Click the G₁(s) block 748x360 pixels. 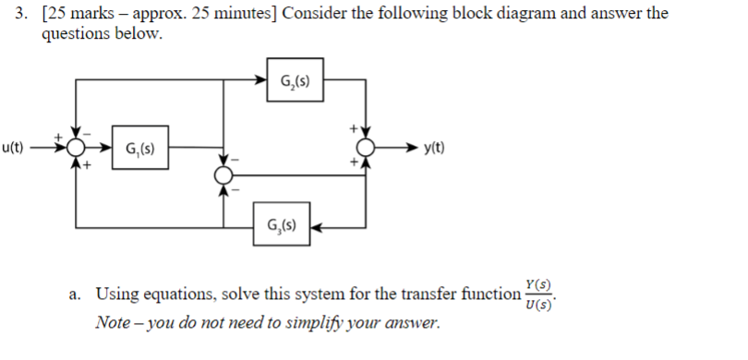139,148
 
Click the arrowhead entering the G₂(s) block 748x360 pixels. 261,79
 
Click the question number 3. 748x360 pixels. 9,14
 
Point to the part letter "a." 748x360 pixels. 75,294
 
